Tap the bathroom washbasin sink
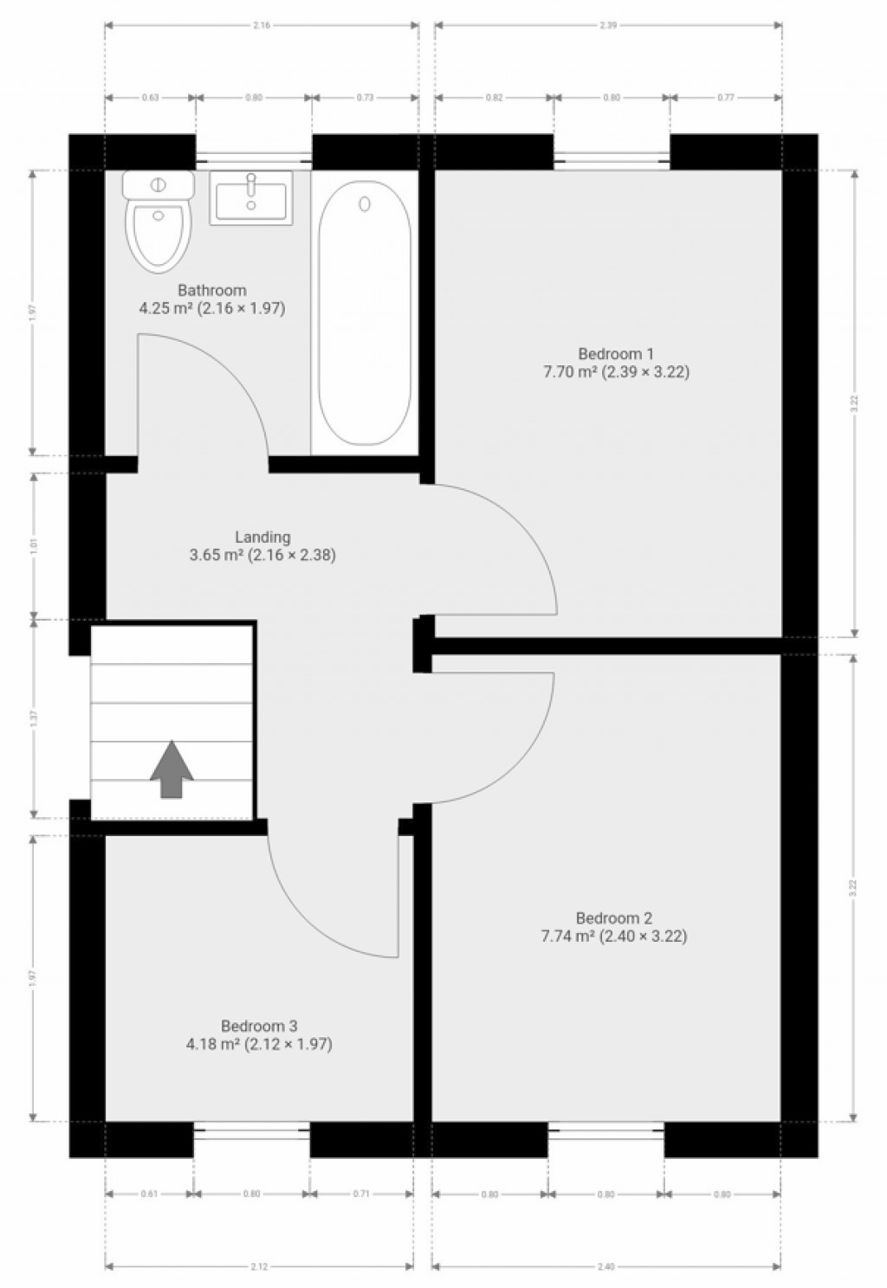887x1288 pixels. tap(251, 198)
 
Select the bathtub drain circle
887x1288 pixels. tap(365, 203)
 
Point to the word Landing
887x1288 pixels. tap(262, 538)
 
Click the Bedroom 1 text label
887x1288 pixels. tap(616, 353)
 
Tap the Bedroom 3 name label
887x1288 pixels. tap(259, 1026)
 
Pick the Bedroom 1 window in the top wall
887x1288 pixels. tap(612, 158)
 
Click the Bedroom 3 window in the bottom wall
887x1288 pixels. tap(251, 1127)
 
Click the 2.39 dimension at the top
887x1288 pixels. tap(608, 25)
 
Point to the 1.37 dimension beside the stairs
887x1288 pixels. tap(33, 718)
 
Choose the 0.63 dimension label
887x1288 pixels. tap(149, 98)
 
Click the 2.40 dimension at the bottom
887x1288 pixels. tap(606, 1267)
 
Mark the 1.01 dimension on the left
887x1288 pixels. tap(33, 546)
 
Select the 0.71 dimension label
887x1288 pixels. tap(361, 1195)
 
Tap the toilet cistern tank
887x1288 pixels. tap(158, 184)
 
